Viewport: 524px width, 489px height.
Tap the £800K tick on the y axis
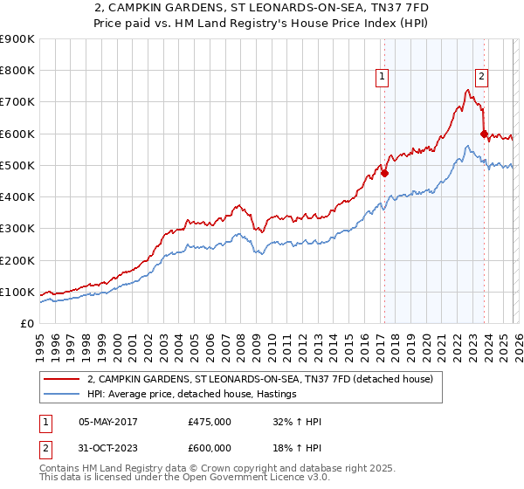point(17,71)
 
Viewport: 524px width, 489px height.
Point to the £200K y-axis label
point(17,260)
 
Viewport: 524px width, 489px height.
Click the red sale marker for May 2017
point(384,173)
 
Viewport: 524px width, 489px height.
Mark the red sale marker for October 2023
point(484,134)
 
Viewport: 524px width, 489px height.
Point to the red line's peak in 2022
point(468,89)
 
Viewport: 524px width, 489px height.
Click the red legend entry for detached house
point(265,379)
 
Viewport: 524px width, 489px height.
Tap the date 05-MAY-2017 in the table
point(108,421)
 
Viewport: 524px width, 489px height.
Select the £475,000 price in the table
point(210,421)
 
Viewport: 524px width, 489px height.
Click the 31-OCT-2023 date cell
point(108,447)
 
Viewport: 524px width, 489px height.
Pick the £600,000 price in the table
point(210,447)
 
